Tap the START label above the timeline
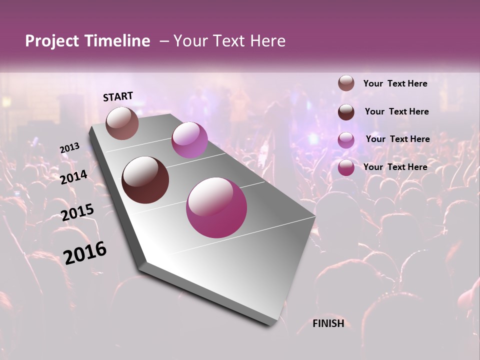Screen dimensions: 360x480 [118, 96]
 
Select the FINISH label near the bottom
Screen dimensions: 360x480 [328, 323]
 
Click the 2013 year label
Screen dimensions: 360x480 [69, 148]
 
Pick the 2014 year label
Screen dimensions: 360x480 [74, 177]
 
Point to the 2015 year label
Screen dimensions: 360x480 [77, 212]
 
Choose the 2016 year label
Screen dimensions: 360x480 [85, 253]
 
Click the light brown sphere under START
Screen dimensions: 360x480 [122, 123]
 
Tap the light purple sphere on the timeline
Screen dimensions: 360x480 [189, 140]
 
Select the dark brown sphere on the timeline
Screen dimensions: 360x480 [145, 180]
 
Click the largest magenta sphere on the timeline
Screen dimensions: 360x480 [216, 207]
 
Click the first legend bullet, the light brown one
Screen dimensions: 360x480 [346, 83]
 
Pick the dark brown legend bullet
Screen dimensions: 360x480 [346, 111]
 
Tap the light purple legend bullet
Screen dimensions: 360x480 [346, 139]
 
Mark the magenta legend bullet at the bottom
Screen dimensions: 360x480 [346, 167]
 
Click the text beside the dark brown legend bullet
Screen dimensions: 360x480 [397, 111]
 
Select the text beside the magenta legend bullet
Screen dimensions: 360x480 [395, 167]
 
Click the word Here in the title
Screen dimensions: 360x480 [267, 41]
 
